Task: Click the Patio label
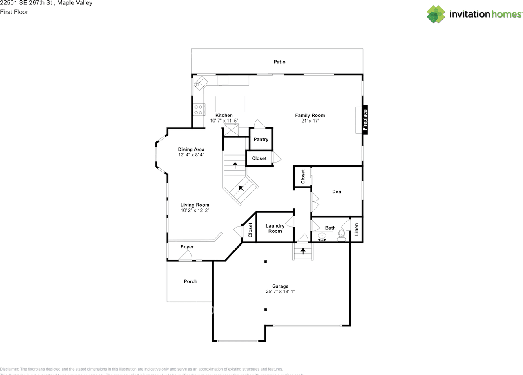tap(279, 62)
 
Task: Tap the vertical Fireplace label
tap(365, 120)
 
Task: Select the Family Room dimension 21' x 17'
tap(310, 121)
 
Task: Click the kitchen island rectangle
tap(230, 104)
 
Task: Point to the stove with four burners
tap(199, 109)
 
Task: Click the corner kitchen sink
tap(200, 83)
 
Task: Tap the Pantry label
tap(261, 139)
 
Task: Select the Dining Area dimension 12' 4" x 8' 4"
tap(191, 155)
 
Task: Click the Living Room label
tap(195, 205)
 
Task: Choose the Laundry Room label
tap(275, 228)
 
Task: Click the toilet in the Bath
tap(342, 235)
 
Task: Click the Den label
tap(336, 192)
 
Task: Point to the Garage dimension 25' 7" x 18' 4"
tap(280, 292)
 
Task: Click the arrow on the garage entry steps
tap(303, 250)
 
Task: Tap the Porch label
tap(190, 281)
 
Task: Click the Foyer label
tap(187, 247)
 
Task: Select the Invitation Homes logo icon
tap(436, 14)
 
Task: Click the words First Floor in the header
tap(14, 12)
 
